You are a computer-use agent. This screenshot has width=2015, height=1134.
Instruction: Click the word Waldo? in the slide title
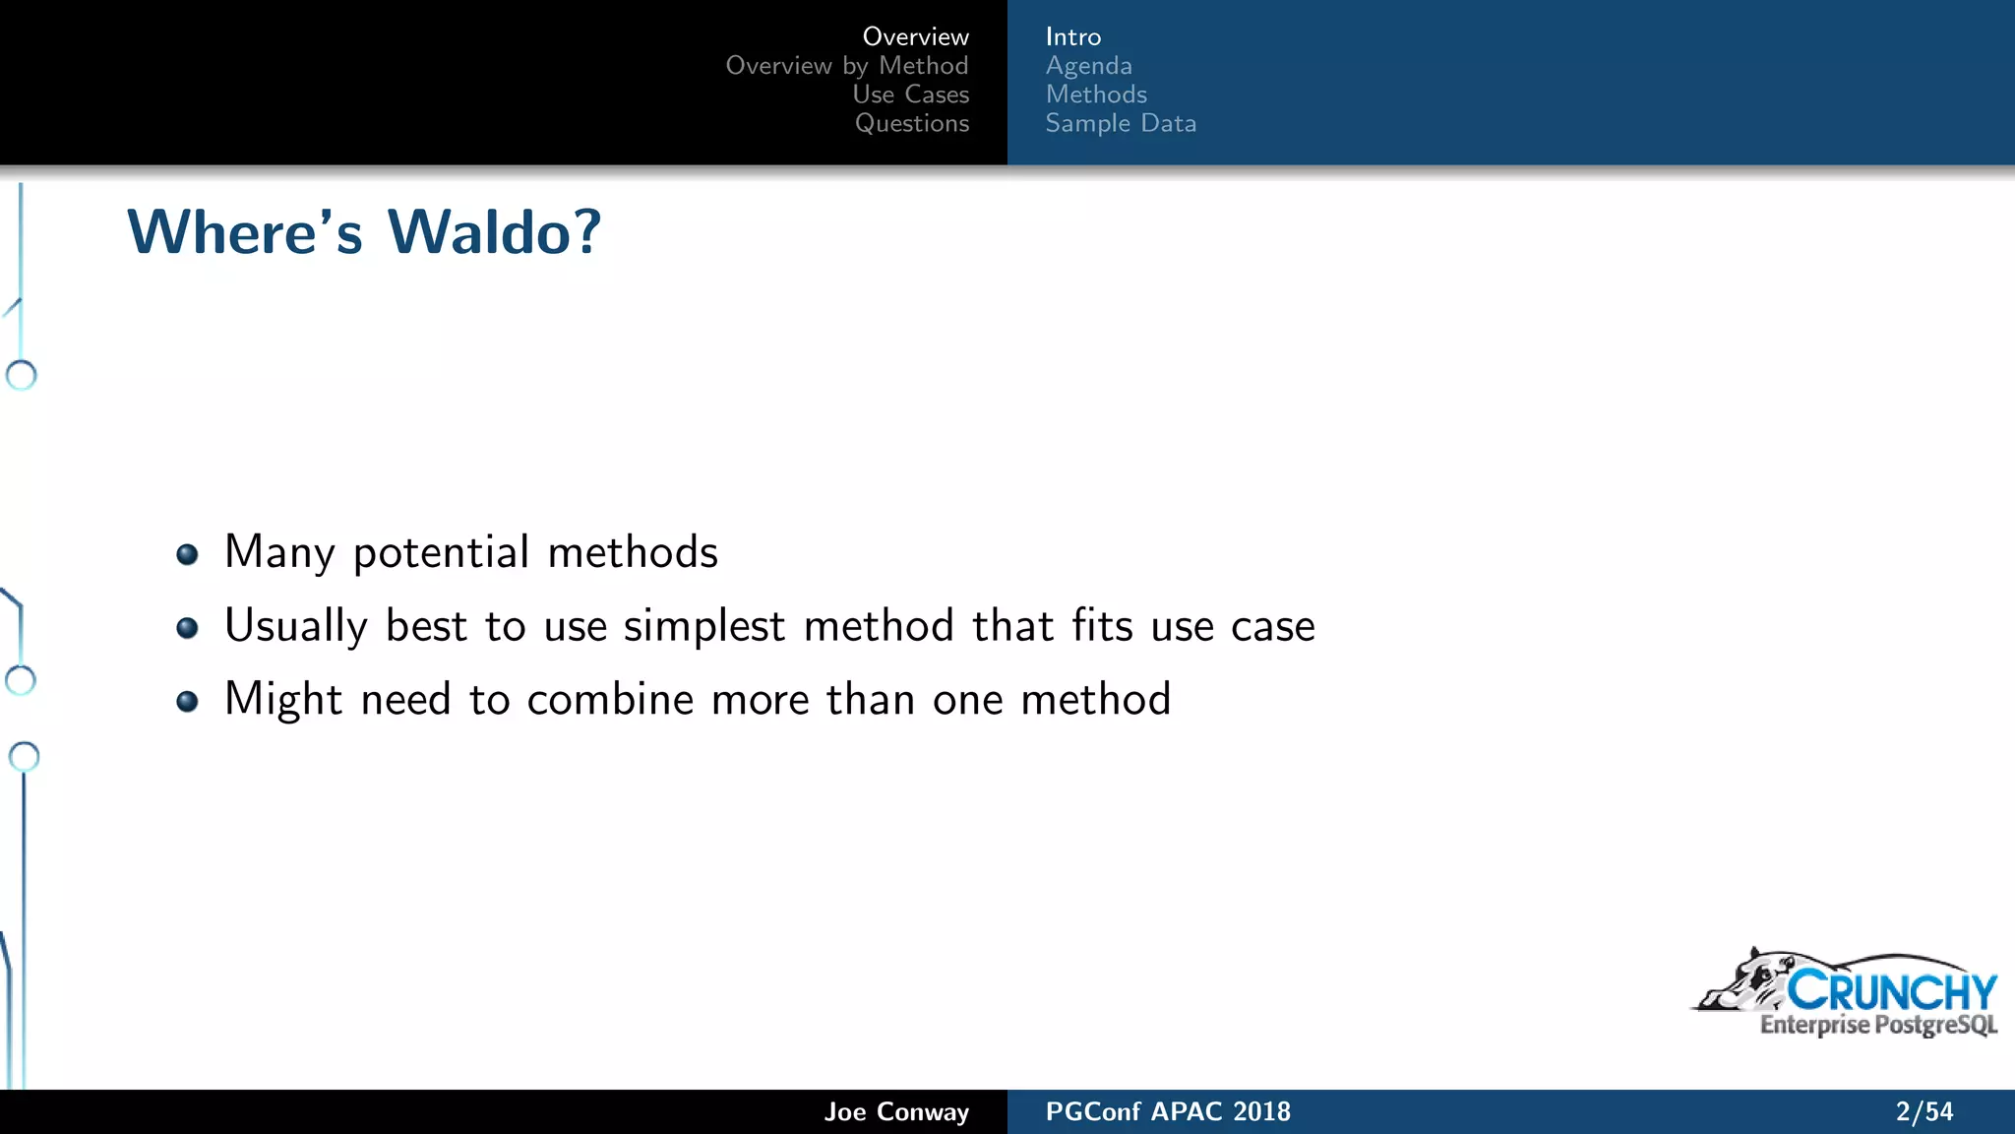tap(494, 233)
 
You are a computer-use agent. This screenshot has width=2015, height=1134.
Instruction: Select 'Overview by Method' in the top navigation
tap(846, 66)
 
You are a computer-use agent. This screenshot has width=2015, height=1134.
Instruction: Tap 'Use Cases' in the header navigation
tap(910, 94)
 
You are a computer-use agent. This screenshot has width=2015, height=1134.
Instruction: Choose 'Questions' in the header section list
tap(911, 123)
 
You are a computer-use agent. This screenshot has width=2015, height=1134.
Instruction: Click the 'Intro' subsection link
tap(1072, 37)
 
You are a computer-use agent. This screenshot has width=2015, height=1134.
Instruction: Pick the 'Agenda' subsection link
tap(1088, 66)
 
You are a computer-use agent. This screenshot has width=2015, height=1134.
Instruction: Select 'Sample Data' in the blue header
tap(1121, 123)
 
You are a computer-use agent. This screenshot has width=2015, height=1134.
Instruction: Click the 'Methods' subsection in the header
tap(1096, 94)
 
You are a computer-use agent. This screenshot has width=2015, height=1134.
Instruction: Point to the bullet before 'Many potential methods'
tap(187, 554)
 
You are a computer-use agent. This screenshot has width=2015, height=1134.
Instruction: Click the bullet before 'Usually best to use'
tap(187, 628)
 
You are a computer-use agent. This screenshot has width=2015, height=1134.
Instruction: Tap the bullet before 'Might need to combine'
tap(187, 701)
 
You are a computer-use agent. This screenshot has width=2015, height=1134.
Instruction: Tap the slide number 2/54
tap(1923, 1111)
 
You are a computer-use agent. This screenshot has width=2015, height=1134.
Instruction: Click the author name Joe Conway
tap(896, 1111)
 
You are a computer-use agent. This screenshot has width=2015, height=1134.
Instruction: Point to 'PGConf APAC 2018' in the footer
tap(1168, 1111)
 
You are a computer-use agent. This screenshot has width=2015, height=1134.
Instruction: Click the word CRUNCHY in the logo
tap(1891, 991)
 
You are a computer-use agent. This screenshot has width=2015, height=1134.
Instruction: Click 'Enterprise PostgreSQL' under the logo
tap(1878, 1026)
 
